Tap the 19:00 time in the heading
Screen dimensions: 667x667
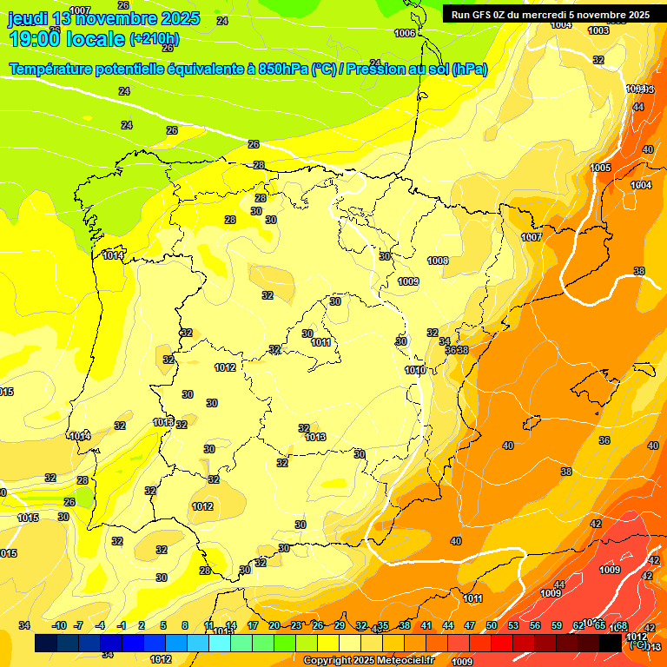pos(38,38)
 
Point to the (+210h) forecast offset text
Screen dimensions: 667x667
pos(154,38)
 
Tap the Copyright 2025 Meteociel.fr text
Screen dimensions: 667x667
pos(368,661)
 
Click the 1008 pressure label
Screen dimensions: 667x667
pos(438,261)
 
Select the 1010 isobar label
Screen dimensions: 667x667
pos(415,370)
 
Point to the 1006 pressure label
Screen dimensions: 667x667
pos(405,33)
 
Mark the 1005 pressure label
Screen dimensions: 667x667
pos(600,168)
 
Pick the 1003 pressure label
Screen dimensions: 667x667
pos(598,30)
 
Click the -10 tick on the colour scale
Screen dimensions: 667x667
pos(59,625)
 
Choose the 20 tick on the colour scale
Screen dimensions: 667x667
pos(274,625)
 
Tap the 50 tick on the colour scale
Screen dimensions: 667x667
pos(492,625)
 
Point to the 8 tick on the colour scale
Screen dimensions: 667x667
pos(185,625)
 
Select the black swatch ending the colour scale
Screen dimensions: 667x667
pos(611,643)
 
